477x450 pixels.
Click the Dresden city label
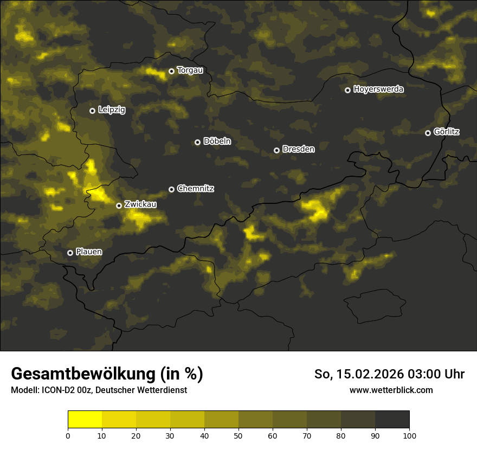(299, 149)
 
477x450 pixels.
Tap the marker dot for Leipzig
(93, 111)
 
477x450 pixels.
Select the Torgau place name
(190, 70)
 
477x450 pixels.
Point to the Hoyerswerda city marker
(348, 90)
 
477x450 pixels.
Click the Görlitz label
(447, 132)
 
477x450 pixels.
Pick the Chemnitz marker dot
(172, 189)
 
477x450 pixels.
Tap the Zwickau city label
(140, 204)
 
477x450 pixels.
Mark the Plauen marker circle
(70, 253)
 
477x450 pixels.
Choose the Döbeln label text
(217, 141)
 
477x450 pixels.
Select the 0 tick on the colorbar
(68, 435)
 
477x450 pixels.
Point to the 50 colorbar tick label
(238, 435)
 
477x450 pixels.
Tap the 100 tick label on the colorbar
(409, 435)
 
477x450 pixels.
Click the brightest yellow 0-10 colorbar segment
(85, 420)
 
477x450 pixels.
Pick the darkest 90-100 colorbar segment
(392, 420)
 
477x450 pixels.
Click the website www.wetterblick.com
(391, 390)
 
